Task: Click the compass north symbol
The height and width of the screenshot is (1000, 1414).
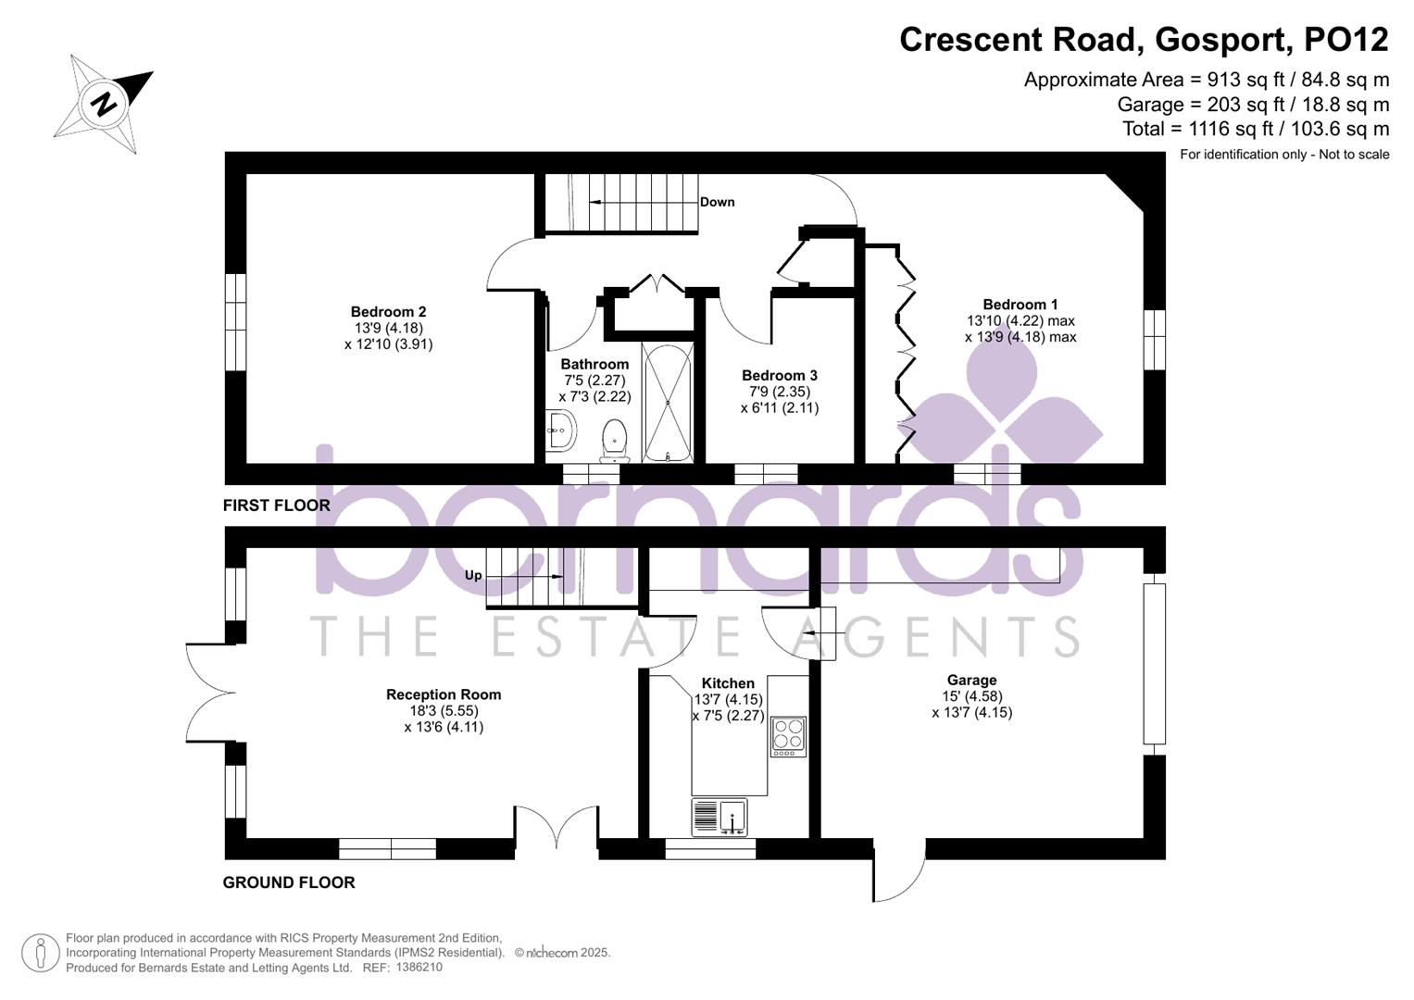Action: tap(104, 103)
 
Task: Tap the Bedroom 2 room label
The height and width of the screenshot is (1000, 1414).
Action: tap(388, 312)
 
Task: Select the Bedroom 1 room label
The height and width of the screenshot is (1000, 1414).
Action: tap(1020, 305)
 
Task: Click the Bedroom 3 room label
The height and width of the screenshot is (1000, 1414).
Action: tap(779, 375)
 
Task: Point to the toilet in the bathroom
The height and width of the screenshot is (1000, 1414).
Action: tap(615, 440)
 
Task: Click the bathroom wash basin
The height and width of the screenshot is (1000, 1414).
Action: tap(560, 430)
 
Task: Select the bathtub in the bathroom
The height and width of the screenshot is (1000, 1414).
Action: tap(667, 403)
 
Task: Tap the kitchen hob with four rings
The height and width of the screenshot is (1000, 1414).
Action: tap(788, 736)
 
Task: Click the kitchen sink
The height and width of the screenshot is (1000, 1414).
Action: tap(720, 817)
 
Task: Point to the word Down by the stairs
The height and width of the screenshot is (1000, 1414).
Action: tap(717, 202)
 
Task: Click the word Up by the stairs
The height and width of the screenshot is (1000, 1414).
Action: tap(473, 575)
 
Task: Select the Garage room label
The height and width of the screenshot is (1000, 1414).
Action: tap(971, 680)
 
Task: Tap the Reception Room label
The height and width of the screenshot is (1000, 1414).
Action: tap(444, 694)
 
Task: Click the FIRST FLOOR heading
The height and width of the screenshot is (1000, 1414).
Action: tap(276, 505)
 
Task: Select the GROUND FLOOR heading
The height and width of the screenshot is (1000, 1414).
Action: tap(289, 882)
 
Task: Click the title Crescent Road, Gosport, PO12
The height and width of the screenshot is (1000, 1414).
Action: tap(1144, 40)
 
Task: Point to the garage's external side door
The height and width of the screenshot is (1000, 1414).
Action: tap(898, 875)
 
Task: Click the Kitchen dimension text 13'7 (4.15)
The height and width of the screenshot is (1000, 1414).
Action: tap(728, 700)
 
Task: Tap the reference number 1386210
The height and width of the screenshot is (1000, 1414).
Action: tap(419, 967)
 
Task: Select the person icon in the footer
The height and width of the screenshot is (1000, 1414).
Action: tap(40, 953)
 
